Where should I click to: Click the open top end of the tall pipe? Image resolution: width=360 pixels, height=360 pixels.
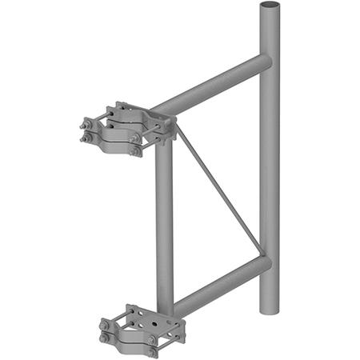point(269,6)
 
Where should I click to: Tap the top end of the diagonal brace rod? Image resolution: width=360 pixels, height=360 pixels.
point(178,128)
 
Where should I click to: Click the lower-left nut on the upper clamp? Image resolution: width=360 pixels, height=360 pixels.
point(85,139)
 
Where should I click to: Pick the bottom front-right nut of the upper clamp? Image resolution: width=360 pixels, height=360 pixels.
point(137,150)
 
